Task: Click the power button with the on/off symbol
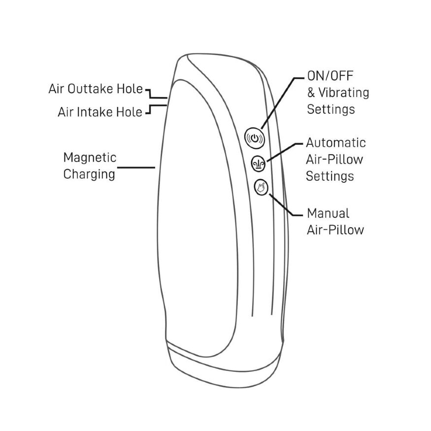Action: tap(255, 138)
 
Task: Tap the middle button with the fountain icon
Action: tap(259, 164)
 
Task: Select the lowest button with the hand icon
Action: tap(261, 187)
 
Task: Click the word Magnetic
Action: tap(90, 158)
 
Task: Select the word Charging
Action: tap(89, 174)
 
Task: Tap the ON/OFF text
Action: tap(330, 76)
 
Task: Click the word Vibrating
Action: tap(344, 93)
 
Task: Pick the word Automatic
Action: tap(336, 143)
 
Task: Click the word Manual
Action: tap(328, 213)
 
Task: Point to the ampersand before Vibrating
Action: tap(311, 93)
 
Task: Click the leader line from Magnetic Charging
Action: tap(136, 167)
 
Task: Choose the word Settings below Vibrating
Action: tap(331, 109)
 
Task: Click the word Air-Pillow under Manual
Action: tap(335, 230)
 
